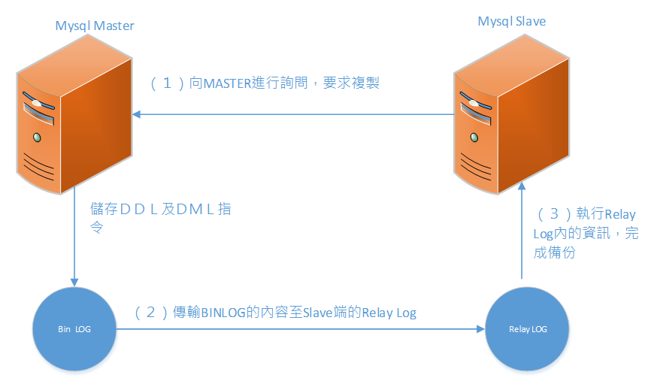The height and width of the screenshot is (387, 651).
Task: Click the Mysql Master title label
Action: tap(95, 26)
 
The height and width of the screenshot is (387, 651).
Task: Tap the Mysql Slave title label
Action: tap(511, 22)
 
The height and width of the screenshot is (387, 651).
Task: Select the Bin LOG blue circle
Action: tap(74, 329)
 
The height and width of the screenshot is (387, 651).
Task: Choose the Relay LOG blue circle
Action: tap(527, 329)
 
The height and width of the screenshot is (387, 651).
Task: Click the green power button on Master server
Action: tap(37, 138)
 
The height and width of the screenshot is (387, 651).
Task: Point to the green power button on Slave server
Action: tap(474, 138)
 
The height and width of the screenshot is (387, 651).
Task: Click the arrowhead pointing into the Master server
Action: tap(136, 114)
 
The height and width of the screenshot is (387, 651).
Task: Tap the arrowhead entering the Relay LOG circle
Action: tap(481, 329)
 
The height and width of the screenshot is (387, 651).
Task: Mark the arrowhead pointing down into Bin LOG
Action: tap(74, 283)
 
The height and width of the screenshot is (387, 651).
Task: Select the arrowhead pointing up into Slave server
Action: tap(522, 186)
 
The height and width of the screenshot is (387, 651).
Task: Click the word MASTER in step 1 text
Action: tap(227, 83)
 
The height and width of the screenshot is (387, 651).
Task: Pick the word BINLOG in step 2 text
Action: tap(223, 313)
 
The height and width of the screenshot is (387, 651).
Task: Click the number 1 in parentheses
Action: tap(168, 83)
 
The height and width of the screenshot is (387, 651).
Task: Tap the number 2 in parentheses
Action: tap(150, 313)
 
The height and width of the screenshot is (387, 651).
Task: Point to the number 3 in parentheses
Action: tap(554, 214)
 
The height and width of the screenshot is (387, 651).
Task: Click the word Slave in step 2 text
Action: tap(318, 313)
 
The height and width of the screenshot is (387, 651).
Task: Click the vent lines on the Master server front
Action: tap(38, 167)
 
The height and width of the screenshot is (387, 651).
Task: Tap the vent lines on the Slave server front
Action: tap(476, 167)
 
